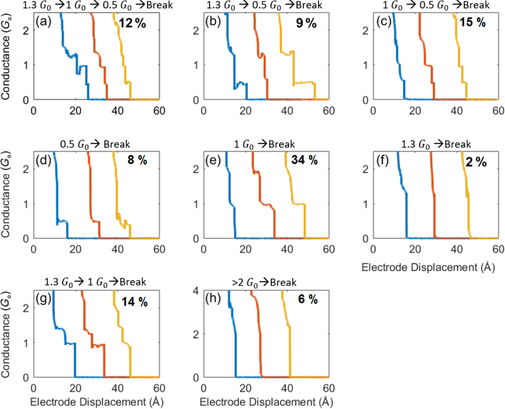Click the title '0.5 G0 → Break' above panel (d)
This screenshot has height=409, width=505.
click(x=95, y=145)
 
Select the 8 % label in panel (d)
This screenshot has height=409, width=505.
click(x=137, y=160)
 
